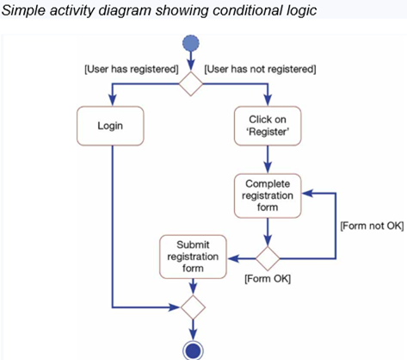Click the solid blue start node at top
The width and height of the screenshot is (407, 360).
191,45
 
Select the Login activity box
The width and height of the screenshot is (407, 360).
109,126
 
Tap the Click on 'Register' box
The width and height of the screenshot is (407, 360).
268,126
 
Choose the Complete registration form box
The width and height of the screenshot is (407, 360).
268,195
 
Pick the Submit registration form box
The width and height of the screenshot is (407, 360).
193,256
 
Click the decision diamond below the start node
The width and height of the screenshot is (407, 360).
191,84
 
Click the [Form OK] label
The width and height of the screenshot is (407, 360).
268,281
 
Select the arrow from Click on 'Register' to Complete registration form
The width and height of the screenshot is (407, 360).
268,158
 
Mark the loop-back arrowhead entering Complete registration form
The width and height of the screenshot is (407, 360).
308,195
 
